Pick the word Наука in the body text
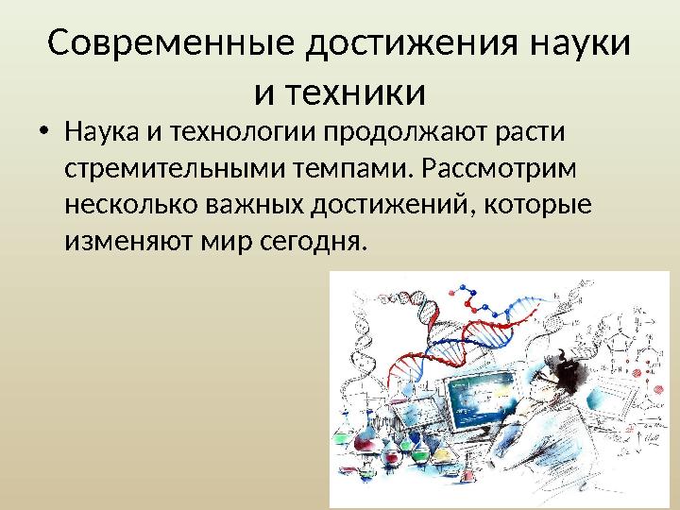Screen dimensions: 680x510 (102, 131)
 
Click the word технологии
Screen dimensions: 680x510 (242, 132)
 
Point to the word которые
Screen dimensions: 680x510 (537, 205)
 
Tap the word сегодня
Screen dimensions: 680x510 (314, 241)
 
